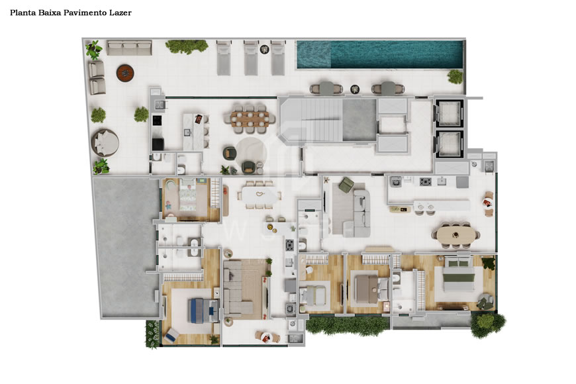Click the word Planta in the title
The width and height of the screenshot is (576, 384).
point(23,13)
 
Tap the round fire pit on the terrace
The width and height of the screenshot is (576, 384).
point(125,72)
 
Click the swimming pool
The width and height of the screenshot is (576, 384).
point(379,55)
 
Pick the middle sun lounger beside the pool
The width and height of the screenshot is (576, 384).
point(251,57)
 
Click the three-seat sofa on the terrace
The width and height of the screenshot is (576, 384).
point(129,47)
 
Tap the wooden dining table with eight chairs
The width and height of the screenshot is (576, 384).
point(248,117)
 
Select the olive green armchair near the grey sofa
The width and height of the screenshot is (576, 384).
point(346,185)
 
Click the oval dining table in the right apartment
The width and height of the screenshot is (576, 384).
point(454,234)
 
